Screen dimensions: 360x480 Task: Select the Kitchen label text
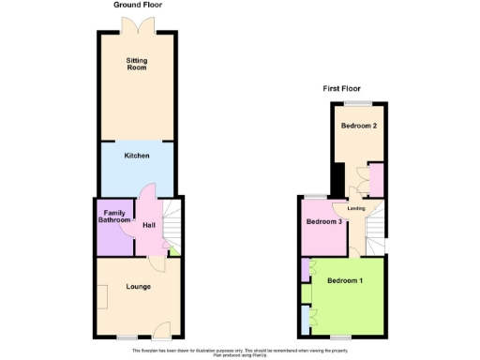click(x=137, y=155)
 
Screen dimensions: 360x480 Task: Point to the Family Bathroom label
click(x=114, y=217)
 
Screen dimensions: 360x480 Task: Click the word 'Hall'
click(x=148, y=225)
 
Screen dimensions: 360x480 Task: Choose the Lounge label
click(x=138, y=287)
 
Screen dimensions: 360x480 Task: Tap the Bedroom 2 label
click(x=358, y=126)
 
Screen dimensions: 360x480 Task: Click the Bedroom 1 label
click(x=346, y=280)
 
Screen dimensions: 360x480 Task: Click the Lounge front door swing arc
click(x=161, y=328)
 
